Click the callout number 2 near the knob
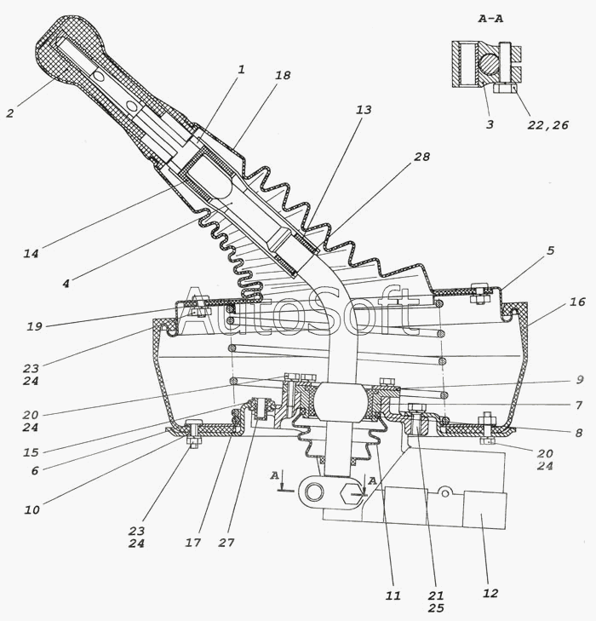click(x=9, y=112)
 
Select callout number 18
click(x=283, y=76)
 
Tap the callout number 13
click(x=364, y=111)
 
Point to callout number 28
click(x=421, y=158)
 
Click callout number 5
click(x=550, y=251)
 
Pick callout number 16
click(x=577, y=302)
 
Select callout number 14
click(x=32, y=253)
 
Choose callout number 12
click(x=490, y=593)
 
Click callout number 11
click(x=393, y=596)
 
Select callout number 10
click(x=32, y=509)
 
